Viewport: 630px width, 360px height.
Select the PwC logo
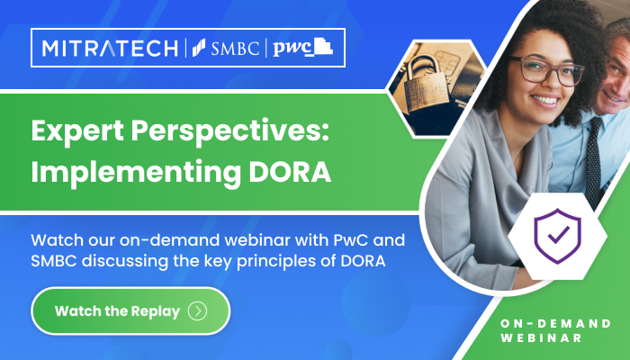pyautogui.click(x=301, y=49)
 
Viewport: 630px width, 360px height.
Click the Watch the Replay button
pyautogui.click(x=130, y=311)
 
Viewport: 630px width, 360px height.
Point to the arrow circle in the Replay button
pyautogui.click(x=198, y=311)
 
